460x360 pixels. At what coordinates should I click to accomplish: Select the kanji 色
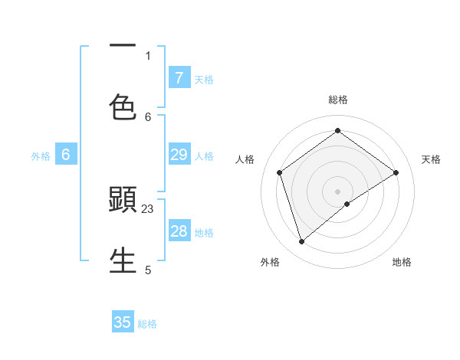pyautogui.click(x=123, y=106)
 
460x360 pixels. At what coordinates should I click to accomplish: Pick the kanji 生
pyautogui.click(x=123, y=260)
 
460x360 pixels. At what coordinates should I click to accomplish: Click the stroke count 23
pyautogui.click(x=148, y=208)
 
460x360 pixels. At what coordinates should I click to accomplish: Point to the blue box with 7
pyautogui.click(x=179, y=77)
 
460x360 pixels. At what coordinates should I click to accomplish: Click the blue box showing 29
pyautogui.click(x=179, y=155)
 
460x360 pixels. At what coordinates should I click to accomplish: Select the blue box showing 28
pyautogui.click(x=179, y=231)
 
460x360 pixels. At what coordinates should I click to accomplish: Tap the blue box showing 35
pyautogui.click(x=123, y=322)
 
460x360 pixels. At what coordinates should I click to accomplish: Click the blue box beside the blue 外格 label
pyautogui.click(x=66, y=155)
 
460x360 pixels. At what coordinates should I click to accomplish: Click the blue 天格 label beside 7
pyautogui.click(x=204, y=79)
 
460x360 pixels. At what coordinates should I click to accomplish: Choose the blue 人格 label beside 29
pyautogui.click(x=204, y=156)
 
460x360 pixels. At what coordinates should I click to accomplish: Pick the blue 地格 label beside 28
pyautogui.click(x=204, y=233)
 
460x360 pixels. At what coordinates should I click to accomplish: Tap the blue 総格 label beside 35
pyautogui.click(x=147, y=324)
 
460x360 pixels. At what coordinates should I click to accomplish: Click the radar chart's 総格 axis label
pyautogui.click(x=338, y=100)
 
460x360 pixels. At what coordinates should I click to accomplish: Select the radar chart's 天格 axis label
pyautogui.click(x=432, y=159)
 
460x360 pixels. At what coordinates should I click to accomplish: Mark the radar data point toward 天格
pyautogui.click(x=396, y=172)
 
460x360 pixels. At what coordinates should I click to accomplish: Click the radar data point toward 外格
pyautogui.click(x=302, y=242)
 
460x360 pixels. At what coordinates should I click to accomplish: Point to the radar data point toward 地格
pyautogui.click(x=347, y=204)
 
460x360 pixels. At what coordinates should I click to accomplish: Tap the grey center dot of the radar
pyautogui.click(x=338, y=191)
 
